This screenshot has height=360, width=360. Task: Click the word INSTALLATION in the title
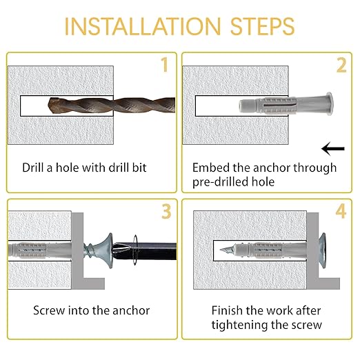[x=143, y=26]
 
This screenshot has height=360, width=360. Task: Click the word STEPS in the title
[x=262, y=26]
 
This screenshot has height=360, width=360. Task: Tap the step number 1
[x=165, y=65]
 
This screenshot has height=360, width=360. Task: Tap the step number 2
[x=341, y=66]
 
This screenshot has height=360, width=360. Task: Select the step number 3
[x=166, y=211]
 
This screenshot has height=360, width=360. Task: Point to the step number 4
[x=341, y=211]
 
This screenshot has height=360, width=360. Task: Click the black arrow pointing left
[x=333, y=149]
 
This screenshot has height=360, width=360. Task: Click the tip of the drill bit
[x=49, y=106]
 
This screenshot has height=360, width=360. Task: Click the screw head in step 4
[x=322, y=250]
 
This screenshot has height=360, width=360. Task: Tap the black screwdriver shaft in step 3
[x=145, y=251]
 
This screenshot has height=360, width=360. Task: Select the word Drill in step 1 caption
[x=33, y=168]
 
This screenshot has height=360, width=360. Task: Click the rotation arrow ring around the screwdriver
[x=135, y=250]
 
